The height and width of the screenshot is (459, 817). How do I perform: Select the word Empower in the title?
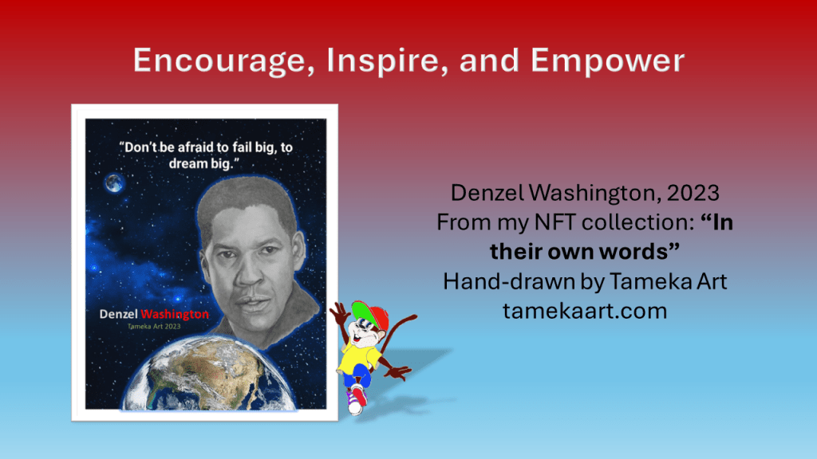(x=607, y=61)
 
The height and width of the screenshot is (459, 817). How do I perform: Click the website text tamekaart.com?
(x=585, y=311)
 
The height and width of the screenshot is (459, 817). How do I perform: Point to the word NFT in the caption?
(x=555, y=222)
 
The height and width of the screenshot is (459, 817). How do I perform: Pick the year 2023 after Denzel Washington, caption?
(x=693, y=193)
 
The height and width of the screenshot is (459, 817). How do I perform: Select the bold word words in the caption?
(x=639, y=252)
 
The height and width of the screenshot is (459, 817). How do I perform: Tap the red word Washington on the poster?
(x=175, y=314)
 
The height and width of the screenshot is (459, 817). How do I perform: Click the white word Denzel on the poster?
(x=118, y=314)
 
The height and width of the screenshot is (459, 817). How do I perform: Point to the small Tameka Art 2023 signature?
(x=154, y=327)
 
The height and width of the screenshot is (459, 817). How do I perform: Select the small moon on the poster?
(x=113, y=182)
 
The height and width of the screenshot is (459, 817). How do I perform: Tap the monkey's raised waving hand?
(x=339, y=313)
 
